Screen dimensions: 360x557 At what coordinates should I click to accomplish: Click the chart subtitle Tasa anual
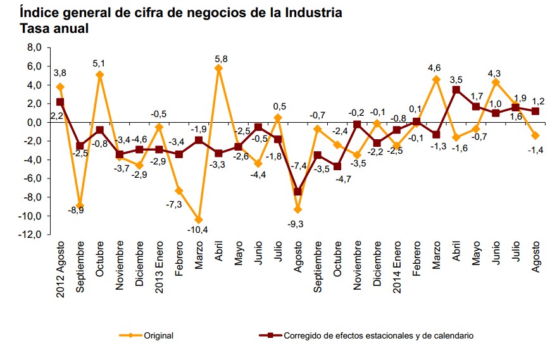pos(54,28)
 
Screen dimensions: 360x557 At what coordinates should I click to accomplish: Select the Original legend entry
pos(158,336)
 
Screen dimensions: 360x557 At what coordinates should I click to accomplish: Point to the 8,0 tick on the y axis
pos(34,47)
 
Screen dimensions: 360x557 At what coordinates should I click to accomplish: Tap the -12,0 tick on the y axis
pos(31,235)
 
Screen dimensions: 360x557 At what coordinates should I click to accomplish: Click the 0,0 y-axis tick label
pos(34,122)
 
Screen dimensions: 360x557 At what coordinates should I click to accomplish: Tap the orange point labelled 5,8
pos(219,68)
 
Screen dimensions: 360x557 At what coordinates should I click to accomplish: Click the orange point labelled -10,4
pos(199,220)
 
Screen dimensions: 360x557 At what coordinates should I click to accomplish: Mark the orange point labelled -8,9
pos(80,206)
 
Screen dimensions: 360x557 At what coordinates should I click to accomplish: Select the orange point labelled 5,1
pos(99,75)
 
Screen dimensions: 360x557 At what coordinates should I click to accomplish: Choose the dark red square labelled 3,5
pos(456,90)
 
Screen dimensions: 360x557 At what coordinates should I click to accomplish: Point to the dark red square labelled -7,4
pos(298,192)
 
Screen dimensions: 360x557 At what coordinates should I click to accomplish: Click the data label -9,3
pos(296,223)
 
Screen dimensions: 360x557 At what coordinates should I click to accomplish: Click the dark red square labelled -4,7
pos(338,166)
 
